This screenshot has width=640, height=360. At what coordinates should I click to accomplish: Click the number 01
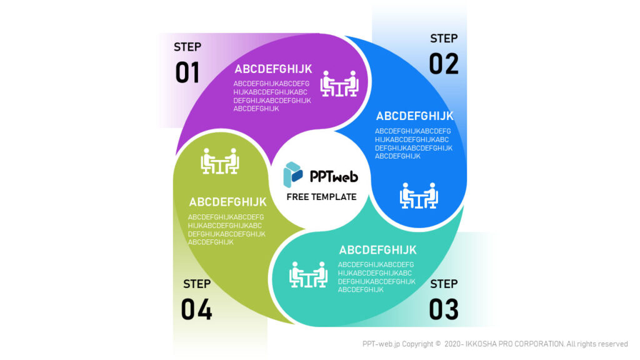(187, 72)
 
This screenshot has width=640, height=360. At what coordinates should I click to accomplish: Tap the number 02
(443, 64)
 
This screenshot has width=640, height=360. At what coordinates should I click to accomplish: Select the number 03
(443, 309)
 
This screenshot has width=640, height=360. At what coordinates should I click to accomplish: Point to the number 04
(196, 309)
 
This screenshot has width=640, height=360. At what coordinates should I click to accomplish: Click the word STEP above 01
(187, 47)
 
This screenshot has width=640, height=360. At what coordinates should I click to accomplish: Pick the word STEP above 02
(444, 38)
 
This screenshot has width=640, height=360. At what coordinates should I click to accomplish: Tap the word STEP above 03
(444, 284)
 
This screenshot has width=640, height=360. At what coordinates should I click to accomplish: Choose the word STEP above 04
(197, 284)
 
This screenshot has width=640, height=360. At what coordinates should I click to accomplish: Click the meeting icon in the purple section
(339, 84)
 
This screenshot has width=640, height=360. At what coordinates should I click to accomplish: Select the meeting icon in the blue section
(419, 196)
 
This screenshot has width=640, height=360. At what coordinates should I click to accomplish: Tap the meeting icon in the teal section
(308, 274)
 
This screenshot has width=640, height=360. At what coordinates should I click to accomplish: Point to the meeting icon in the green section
(220, 161)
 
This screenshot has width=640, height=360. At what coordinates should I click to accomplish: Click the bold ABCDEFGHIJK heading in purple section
(273, 69)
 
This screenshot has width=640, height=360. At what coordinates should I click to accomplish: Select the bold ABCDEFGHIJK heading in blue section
(414, 116)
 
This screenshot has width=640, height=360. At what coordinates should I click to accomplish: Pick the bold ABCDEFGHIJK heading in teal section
(377, 251)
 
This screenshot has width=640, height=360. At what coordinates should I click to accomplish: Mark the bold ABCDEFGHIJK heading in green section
(227, 202)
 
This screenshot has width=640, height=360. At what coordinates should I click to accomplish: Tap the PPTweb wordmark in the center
(334, 176)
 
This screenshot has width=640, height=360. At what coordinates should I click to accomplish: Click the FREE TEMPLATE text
(321, 197)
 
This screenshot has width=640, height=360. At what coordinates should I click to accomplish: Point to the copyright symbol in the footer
(437, 344)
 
